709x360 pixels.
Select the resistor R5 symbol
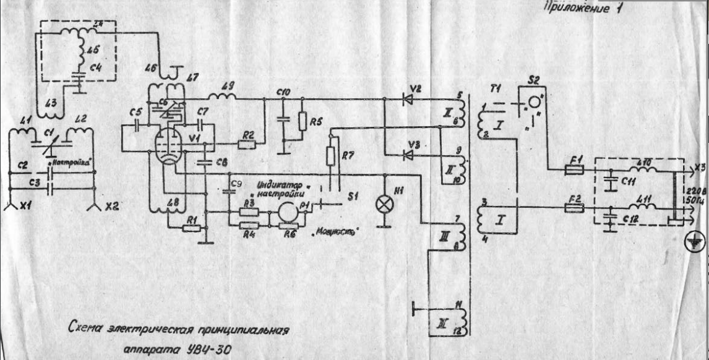[301, 121]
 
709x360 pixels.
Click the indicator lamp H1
[385, 201]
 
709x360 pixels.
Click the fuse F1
[574, 168]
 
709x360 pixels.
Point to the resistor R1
[192, 228]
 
